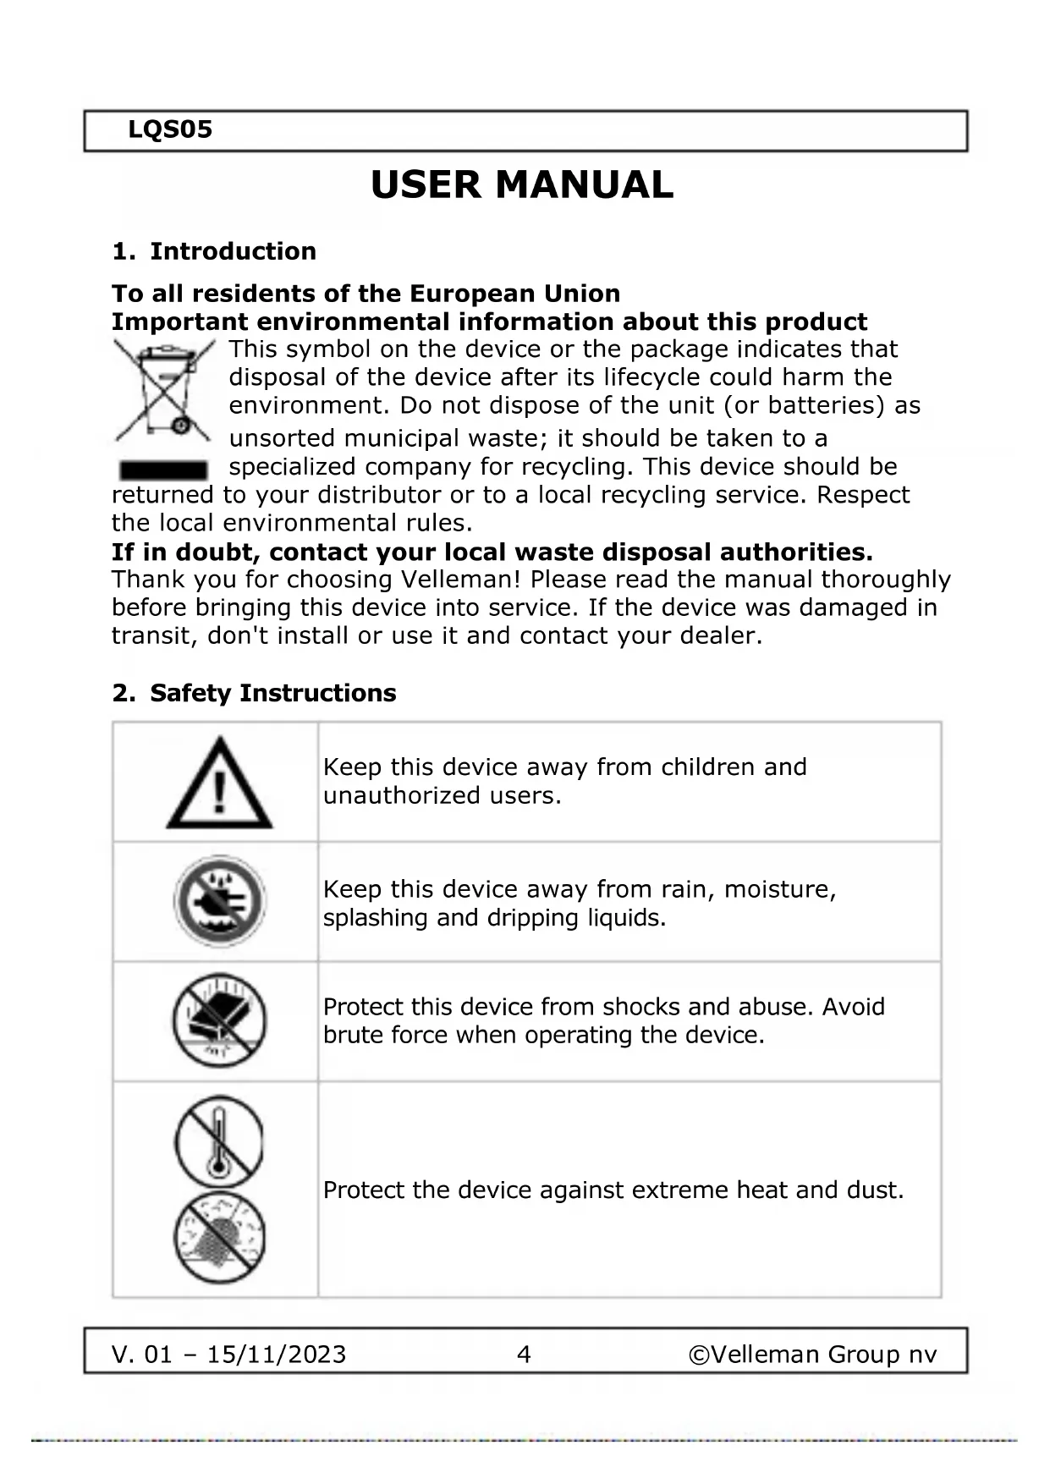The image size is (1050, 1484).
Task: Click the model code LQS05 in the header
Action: point(170,130)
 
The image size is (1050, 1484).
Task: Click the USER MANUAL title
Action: point(522,185)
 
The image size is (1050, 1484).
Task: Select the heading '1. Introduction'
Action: point(214,251)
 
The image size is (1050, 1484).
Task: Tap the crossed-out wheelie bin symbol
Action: point(163,390)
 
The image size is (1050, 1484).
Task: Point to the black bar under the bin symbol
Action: point(163,470)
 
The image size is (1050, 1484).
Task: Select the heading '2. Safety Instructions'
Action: point(254,693)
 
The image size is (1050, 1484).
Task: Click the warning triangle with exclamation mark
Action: point(219,783)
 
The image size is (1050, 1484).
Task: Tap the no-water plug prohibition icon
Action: point(219,901)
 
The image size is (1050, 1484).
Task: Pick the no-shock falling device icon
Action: point(219,1020)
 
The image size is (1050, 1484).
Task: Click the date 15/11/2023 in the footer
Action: point(277,1355)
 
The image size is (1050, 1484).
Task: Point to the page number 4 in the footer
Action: point(524,1355)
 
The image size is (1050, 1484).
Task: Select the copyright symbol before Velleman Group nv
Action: point(699,1355)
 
